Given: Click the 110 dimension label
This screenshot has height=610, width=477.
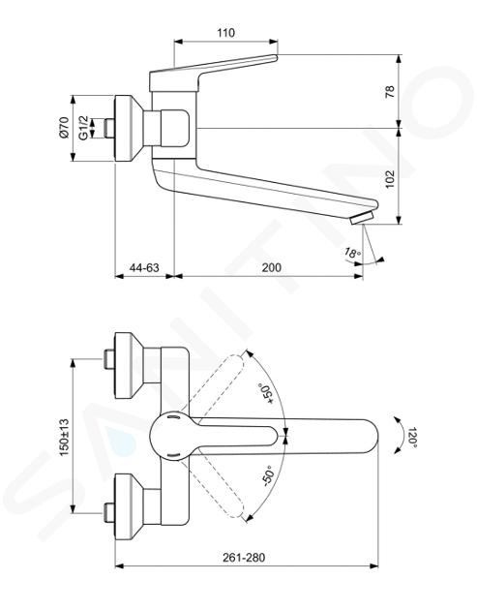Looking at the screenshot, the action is tap(225, 33).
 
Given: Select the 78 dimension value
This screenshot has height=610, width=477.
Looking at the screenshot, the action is tap(390, 91).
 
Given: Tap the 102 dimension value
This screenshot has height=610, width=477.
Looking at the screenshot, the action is tap(390, 179).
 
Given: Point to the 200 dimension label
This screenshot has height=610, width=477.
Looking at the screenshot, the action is tap(271, 267).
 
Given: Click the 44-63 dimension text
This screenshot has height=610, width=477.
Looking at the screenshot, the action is tap(144, 267).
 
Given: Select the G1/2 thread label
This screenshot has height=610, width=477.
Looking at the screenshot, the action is tap(83, 128).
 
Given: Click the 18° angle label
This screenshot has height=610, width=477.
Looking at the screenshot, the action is tap(352, 253).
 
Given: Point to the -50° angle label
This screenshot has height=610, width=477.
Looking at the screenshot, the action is tap(269, 475).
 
